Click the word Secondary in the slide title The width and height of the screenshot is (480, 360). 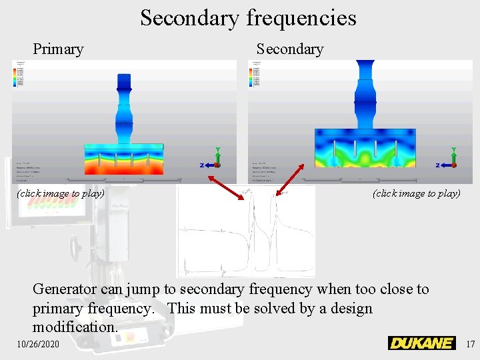[189, 18]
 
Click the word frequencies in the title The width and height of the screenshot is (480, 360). [301, 18]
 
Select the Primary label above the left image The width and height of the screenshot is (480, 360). [59, 49]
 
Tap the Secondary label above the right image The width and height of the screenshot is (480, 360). [289, 49]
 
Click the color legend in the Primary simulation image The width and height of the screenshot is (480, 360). [18, 75]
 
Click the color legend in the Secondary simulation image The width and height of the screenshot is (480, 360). [254, 75]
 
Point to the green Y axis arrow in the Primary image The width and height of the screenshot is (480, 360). [217, 155]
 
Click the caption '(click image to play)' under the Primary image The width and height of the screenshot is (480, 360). [61, 193]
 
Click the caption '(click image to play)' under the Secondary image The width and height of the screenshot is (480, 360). [417, 193]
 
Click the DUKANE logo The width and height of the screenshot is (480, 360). [421, 343]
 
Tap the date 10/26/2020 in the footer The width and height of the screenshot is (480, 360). [39, 344]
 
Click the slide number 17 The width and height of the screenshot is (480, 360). [470, 344]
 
